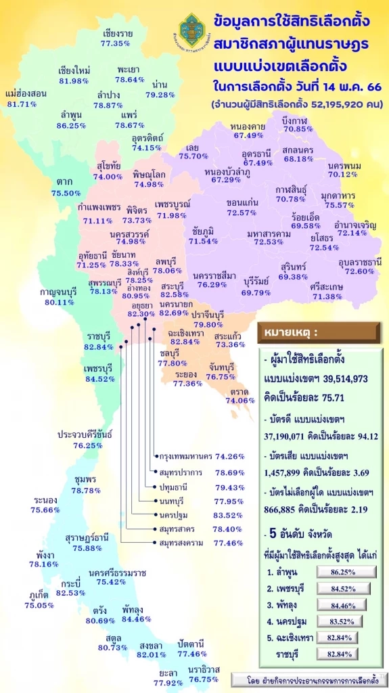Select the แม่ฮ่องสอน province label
[26, 93]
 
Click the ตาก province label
[63, 182]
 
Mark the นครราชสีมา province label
[214, 275]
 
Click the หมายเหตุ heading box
[288, 333]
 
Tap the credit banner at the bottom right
[304, 679]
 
